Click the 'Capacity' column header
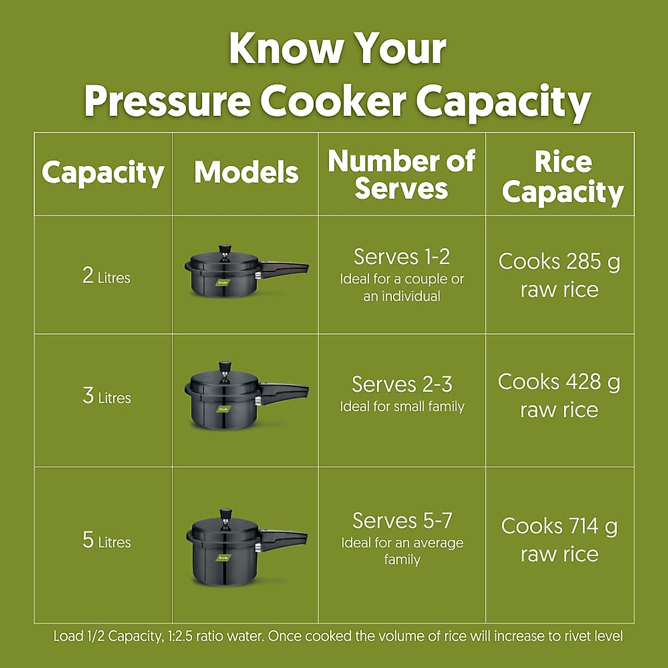pos(103,173)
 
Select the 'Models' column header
pos(246,173)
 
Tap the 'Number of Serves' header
pos(401,175)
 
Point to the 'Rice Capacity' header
pos(562,177)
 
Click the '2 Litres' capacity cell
pos(106,276)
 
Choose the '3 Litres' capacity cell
pos(106,396)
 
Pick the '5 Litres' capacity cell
pos(106,541)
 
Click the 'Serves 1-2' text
pos(401,257)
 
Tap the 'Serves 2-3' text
pos(402,385)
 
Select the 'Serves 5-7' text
pos(402,521)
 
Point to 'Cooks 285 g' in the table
pos(559,262)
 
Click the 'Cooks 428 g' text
pos(559,382)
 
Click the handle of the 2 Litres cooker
pos(287,268)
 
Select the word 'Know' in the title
pos(284,49)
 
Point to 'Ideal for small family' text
pos(402,407)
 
